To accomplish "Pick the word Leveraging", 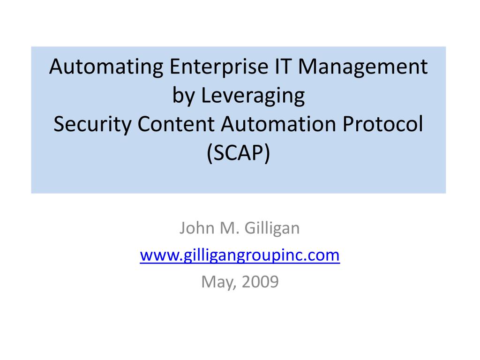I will coord(253,96).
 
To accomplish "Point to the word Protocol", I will coord(382,124).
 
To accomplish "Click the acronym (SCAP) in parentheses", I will coord(239,153).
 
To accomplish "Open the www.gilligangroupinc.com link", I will coord(240,255).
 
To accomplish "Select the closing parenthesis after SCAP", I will coord(268,154).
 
